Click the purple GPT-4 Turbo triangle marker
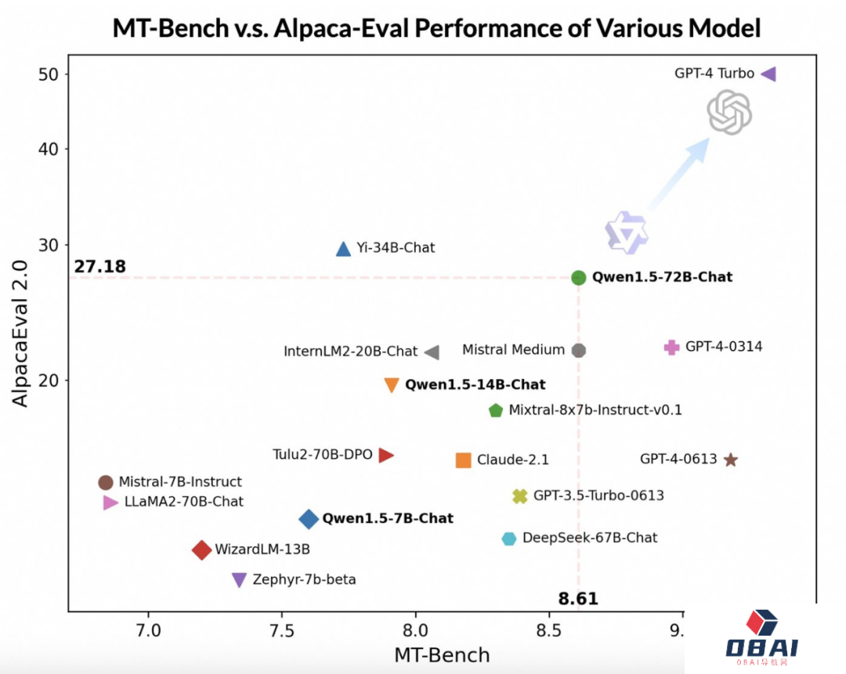768,74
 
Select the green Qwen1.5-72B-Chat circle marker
579,277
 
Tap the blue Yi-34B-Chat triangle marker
343,249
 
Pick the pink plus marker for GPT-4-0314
671,347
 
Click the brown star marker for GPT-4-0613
731,460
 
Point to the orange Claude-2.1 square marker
463,460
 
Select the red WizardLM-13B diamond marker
202,550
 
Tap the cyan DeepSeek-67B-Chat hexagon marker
509,539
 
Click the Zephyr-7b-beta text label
304,580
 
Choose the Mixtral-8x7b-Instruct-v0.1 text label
595,410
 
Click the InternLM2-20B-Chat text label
350,351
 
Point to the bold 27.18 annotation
100,267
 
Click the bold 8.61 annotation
578,599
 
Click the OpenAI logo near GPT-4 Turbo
729,112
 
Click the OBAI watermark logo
761,639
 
